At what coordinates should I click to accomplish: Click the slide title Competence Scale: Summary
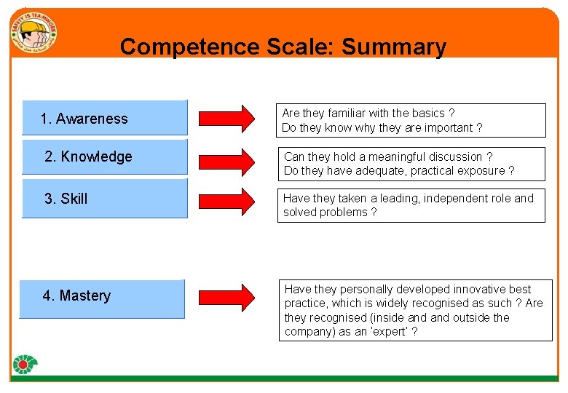[283, 47]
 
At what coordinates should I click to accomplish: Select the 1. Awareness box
[105, 118]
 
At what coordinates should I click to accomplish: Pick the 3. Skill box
[105, 198]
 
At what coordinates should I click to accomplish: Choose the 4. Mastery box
[102, 298]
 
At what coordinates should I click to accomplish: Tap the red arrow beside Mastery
[226, 296]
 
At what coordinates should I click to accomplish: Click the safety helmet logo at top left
[33, 33]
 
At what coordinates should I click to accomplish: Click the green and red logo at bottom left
[25, 365]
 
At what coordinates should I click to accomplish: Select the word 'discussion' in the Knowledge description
[456, 156]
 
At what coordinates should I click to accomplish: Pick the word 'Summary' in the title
[393, 47]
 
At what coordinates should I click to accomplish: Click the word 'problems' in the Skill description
[346, 213]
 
